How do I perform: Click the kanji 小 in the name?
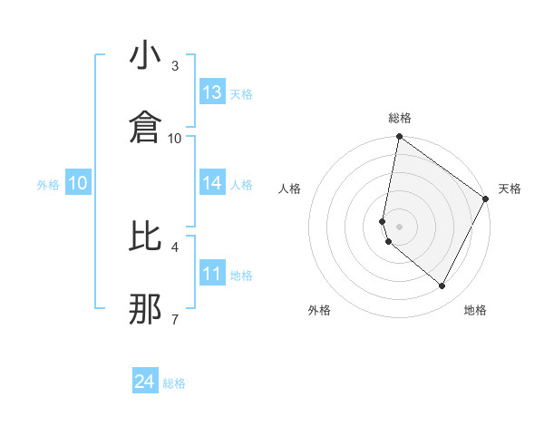(145, 57)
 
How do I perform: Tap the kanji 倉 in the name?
(145, 127)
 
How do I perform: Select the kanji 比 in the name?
(145, 237)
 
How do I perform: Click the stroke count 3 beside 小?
(175, 66)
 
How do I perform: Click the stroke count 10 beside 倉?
(175, 138)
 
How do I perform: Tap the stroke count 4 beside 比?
(175, 247)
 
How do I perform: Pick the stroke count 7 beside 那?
(175, 319)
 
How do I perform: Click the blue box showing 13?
(212, 92)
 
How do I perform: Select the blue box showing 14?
(212, 183)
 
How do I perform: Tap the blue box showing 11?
(212, 273)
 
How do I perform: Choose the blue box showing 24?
(145, 382)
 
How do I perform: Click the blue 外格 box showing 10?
(78, 183)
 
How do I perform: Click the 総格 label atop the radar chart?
(400, 119)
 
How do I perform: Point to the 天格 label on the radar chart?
(510, 189)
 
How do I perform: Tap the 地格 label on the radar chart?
(475, 310)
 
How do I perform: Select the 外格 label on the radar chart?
(319, 310)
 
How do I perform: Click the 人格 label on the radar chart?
(289, 189)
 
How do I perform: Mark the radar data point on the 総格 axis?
(399, 139)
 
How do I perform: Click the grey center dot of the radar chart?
(399, 227)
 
